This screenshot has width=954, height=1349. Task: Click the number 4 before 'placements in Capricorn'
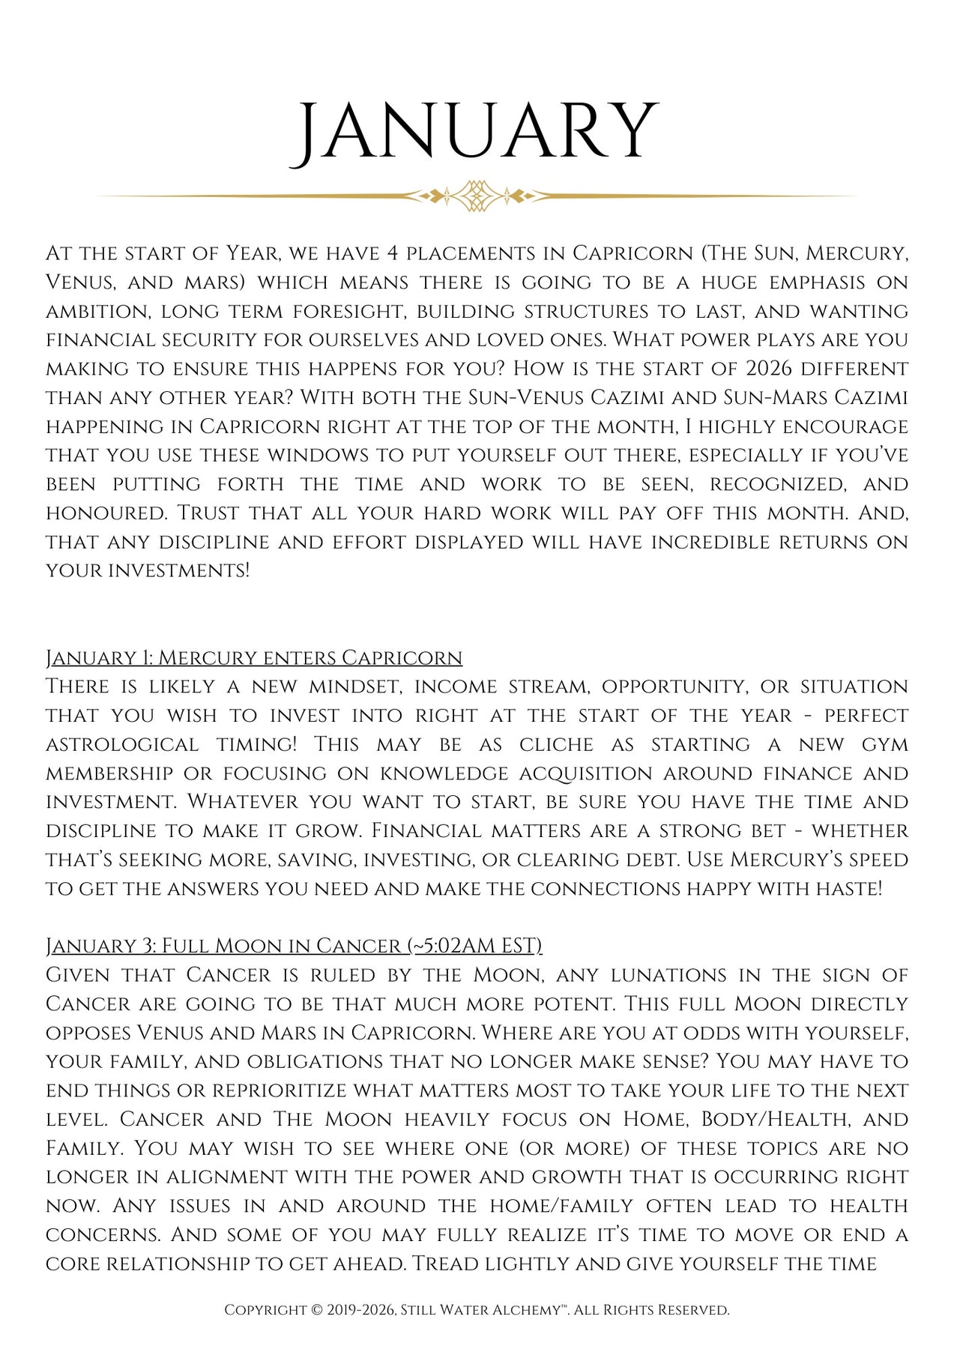pyautogui.click(x=393, y=253)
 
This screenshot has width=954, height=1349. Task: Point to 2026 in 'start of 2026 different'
pyautogui.click(x=769, y=369)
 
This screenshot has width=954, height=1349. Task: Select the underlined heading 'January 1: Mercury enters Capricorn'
pyautogui.click(x=254, y=658)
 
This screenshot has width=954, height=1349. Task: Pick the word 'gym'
pyautogui.click(x=884, y=745)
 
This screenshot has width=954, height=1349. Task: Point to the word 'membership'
pyautogui.click(x=109, y=773)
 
